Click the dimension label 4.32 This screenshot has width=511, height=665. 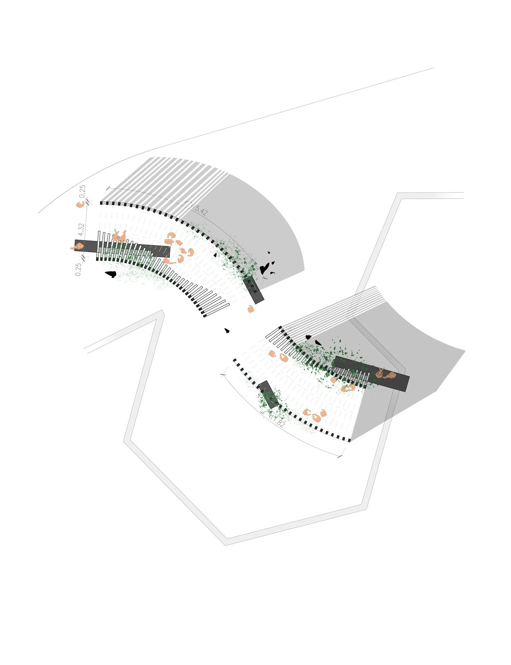pos(81,229)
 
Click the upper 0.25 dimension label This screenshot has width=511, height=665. pos(82,192)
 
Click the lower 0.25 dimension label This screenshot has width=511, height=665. pos(78,269)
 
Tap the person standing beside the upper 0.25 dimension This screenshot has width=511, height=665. pos(80,205)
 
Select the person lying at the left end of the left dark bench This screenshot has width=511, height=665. pos(77,246)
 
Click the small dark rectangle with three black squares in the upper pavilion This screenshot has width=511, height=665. pos(253,289)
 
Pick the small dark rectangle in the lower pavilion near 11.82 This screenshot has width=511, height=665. pos(268,394)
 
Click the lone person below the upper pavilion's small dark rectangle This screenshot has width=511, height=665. pos(251,309)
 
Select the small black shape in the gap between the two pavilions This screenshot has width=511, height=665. pos(227,330)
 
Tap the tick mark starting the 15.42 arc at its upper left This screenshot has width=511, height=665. pos(107,188)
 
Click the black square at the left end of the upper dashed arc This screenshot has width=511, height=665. pos(101,203)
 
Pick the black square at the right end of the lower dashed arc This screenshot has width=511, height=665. pos(349,440)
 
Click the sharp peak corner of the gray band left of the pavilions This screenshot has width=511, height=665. pos(162,311)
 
